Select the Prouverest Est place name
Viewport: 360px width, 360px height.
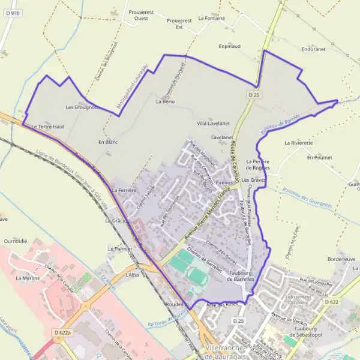tap(179, 23)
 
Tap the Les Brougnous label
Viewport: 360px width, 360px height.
tap(82, 107)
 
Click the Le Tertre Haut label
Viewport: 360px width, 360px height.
tap(47, 127)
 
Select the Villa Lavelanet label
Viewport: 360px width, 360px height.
tap(214, 123)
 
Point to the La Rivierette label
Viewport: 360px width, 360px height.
tap(299, 143)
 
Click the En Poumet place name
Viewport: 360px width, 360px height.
tap(319, 157)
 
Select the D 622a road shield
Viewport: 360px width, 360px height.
tap(61, 332)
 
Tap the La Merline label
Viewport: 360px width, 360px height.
tap(28, 278)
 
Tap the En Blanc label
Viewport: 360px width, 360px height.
tap(108, 142)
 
